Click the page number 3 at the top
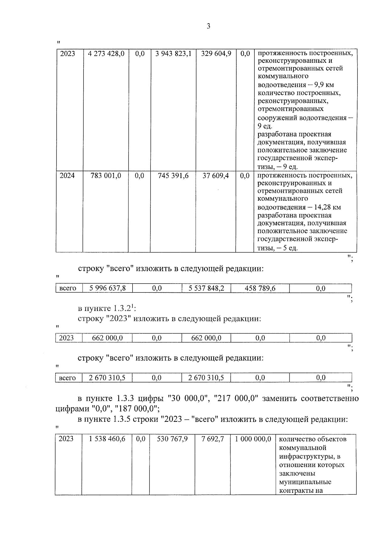[208, 26]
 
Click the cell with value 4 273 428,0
[106, 54]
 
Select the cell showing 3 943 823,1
[173, 54]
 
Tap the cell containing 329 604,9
[216, 54]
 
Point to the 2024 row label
[67, 176]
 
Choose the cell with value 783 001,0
[106, 176]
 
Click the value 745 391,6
[173, 176]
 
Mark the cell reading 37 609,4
[216, 176]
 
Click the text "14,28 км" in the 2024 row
[325, 208]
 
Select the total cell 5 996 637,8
[107, 288]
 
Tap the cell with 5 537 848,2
[206, 288]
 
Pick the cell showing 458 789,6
[260, 288]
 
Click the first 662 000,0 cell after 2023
[107, 338]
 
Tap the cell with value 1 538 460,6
[107, 439]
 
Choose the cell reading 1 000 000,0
[253, 439]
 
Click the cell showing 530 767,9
[172, 439]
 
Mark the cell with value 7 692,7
[213, 439]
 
